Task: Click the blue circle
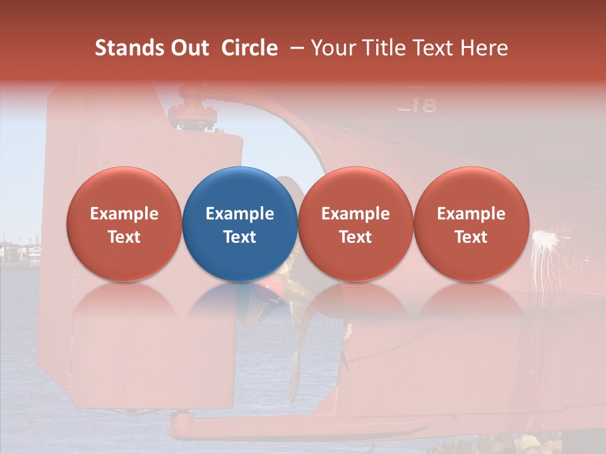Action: tap(240, 224)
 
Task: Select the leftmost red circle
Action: tap(124, 224)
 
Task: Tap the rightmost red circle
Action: tap(471, 224)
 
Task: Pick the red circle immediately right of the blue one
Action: tap(355, 224)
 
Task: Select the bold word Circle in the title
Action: tap(249, 48)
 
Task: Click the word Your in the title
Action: tap(332, 48)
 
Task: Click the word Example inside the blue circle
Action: tap(240, 214)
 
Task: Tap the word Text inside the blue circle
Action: tap(240, 236)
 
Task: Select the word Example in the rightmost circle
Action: tap(471, 214)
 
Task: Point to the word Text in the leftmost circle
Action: tap(124, 236)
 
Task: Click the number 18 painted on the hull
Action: tap(422, 105)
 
